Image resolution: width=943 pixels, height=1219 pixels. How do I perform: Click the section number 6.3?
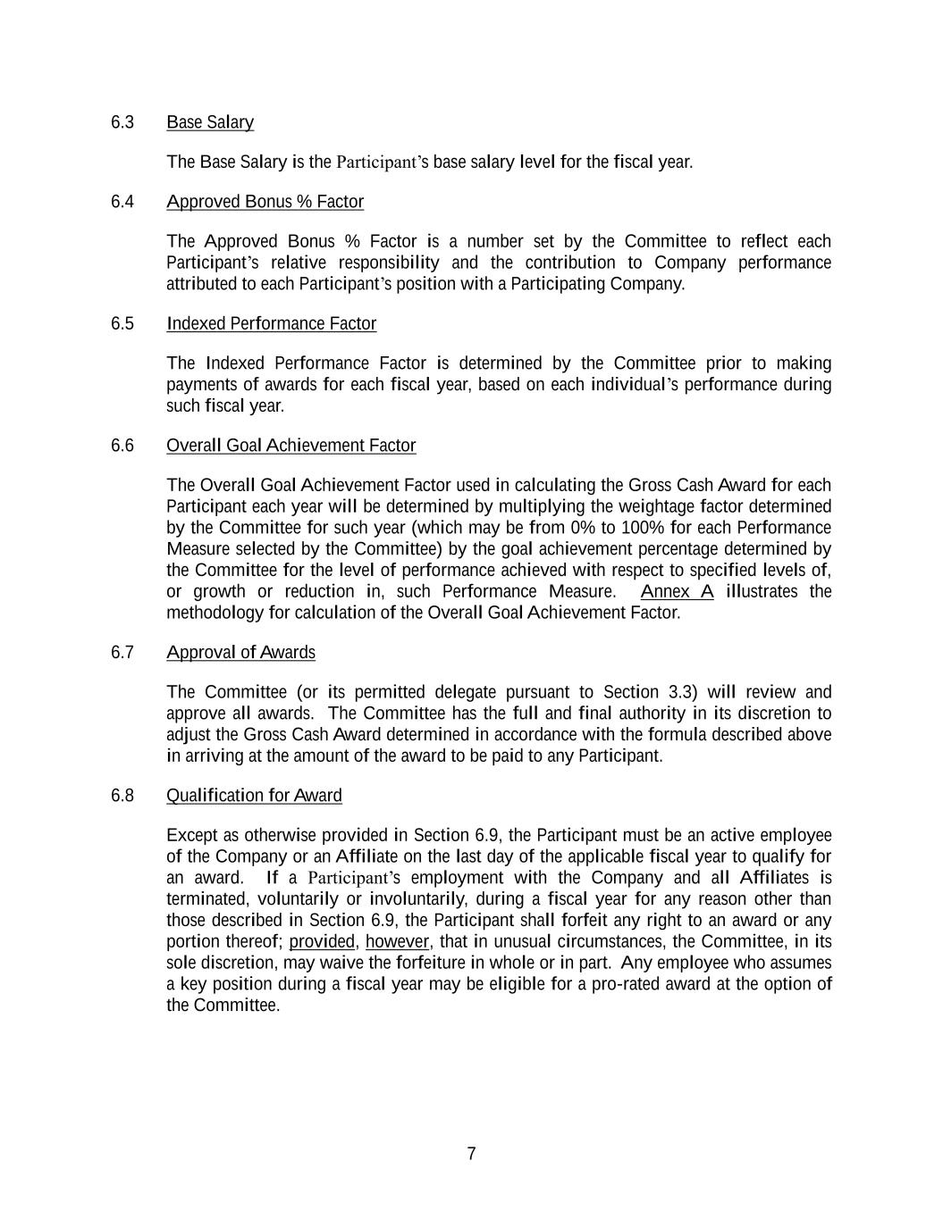point(122,122)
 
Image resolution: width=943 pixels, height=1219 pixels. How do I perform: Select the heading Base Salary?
point(210,122)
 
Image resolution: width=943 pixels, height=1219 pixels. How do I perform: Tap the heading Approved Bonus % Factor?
point(265,202)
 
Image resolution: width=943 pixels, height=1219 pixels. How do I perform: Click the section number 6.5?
point(122,323)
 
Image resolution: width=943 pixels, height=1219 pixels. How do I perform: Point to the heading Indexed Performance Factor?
point(271,323)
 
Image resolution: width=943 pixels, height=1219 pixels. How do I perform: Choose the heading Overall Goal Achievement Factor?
point(290,446)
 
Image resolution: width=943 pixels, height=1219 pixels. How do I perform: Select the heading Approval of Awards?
point(240,653)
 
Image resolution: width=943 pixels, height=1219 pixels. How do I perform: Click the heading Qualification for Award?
point(254,796)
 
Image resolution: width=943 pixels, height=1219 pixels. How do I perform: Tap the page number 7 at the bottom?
point(471,1154)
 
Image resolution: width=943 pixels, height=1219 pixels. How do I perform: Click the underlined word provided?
point(322,941)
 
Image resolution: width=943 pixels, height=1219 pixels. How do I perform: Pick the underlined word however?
point(397,941)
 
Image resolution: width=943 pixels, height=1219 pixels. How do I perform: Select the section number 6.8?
point(122,796)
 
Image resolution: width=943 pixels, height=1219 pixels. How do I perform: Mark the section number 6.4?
point(122,202)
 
